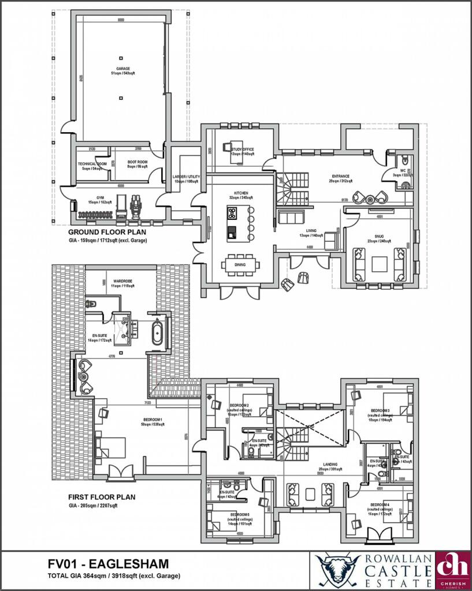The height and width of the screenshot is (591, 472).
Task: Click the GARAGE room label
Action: pyautogui.click(x=122, y=69)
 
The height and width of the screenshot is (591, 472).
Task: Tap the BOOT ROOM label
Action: pyautogui.click(x=137, y=162)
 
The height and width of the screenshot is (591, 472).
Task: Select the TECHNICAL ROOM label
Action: pyautogui.click(x=92, y=164)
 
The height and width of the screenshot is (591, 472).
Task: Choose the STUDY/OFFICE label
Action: pyautogui.click(x=243, y=150)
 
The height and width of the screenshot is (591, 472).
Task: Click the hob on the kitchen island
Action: pyautogui.click(x=232, y=213)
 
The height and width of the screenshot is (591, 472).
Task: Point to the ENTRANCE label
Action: pyautogui.click(x=341, y=177)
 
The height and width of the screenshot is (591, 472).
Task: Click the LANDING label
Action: pyautogui.click(x=330, y=463)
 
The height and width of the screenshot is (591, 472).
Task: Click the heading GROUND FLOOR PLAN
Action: pyautogui.click(x=107, y=233)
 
